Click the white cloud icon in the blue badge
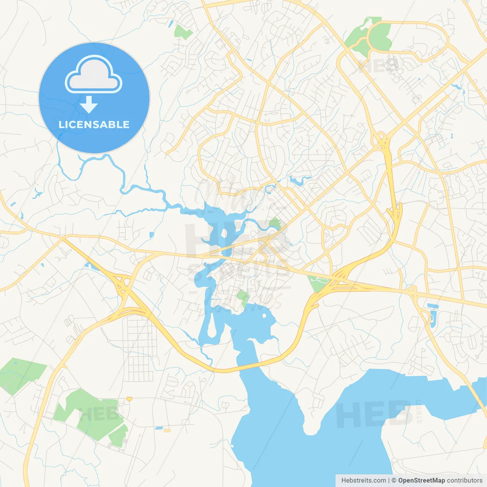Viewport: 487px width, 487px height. click(94, 75)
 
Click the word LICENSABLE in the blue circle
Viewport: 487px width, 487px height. click(94, 124)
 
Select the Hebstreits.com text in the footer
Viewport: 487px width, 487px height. click(363, 481)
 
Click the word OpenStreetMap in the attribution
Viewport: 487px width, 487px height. click(421, 481)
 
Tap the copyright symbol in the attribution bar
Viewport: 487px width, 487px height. click(394, 481)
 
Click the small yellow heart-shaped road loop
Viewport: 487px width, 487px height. click(129, 399)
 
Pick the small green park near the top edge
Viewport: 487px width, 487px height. click(183, 32)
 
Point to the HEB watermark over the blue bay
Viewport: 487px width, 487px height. click(373, 414)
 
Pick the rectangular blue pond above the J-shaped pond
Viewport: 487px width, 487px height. click(432, 306)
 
